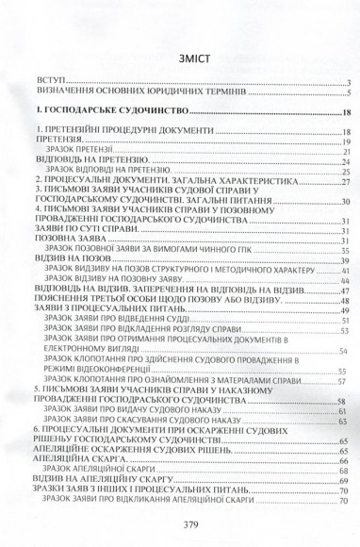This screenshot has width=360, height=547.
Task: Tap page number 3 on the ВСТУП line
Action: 348,84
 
